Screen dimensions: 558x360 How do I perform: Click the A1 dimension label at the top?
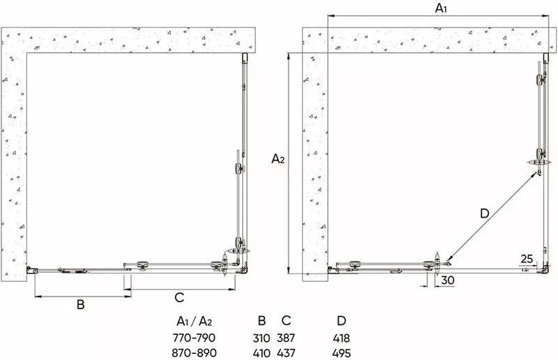pos(441,8)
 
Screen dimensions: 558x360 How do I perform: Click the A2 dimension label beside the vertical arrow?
pos(278,158)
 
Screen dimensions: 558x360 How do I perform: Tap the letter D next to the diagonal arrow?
pos(484,213)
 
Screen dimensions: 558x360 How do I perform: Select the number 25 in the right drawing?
pos(527,259)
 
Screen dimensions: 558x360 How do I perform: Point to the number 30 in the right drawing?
pos(448,280)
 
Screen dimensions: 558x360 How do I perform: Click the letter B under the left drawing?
pos(81,304)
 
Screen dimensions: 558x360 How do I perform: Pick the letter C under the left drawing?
pos(179,297)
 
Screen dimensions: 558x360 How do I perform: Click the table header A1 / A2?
pos(195,321)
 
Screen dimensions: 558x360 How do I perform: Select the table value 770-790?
pos(194,337)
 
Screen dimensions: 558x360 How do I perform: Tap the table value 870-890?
pos(194,353)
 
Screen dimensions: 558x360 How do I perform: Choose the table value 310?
pos(261,338)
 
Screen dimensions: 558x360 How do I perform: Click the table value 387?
pos(286,338)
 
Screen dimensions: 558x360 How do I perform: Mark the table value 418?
pos(341,338)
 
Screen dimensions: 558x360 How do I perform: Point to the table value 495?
pos(341,353)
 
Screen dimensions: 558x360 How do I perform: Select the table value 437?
pos(286,353)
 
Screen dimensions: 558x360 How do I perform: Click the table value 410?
pos(261,353)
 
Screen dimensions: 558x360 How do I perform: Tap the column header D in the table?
pos(341,321)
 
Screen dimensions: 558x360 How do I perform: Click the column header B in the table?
pos(262,321)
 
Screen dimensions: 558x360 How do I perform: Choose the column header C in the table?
pos(286,321)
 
